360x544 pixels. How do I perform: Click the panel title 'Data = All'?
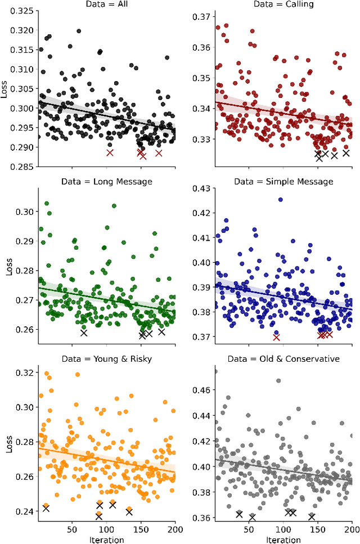click(x=106, y=5)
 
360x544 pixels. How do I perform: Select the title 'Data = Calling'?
click(x=283, y=5)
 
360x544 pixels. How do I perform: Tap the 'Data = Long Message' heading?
click(x=106, y=182)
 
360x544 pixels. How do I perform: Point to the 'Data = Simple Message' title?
click(x=283, y=182)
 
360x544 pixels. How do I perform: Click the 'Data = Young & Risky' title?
click(x=106, y=358)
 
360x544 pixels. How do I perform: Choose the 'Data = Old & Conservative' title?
click(x=283, y=358)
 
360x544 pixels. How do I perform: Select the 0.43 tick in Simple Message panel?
click(x=201, y=188)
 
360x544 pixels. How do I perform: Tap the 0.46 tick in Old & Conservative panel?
click(x=201, y=389)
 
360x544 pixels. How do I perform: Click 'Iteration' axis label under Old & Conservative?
click(x=283, y=539)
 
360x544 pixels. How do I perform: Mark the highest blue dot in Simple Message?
click(x=280, y=200)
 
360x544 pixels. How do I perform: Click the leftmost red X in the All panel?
click(x=110, y=152)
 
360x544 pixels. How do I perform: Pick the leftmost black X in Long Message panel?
click(x=84, y=332)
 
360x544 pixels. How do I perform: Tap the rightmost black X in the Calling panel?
click(x=346, y=153)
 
